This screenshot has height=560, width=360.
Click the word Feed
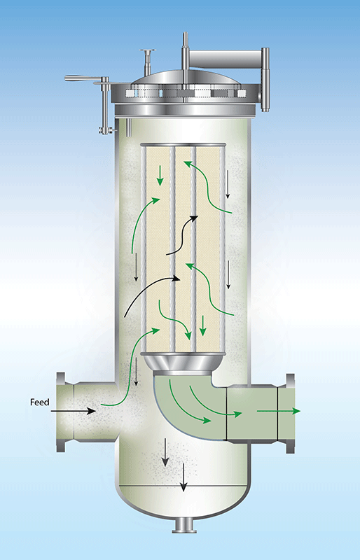39,402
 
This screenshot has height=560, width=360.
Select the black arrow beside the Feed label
73,411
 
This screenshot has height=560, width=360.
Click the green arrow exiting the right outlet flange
279,411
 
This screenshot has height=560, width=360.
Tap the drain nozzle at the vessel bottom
184,524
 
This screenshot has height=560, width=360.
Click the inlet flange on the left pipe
61,412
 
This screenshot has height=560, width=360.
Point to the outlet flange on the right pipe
290,413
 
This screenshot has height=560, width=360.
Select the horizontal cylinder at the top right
225,58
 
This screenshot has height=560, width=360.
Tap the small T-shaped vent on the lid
148,61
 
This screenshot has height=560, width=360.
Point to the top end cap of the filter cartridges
183,145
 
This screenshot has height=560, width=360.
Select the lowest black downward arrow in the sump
184,477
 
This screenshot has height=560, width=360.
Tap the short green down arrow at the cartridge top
160,176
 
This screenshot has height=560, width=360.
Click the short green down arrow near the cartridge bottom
202,325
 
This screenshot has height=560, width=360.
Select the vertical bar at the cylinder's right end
265,79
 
